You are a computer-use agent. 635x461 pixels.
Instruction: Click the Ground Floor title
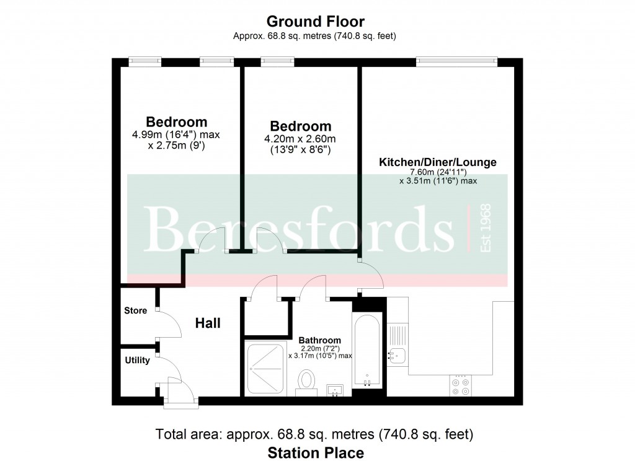315,21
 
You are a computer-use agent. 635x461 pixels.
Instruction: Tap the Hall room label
208,323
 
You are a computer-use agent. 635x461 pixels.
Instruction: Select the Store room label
135,310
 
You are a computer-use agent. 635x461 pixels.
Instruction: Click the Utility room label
137,360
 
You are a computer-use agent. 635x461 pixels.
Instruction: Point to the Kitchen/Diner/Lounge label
438,162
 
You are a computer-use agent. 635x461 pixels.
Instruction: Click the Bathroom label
319,340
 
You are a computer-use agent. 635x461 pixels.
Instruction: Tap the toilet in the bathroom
306,382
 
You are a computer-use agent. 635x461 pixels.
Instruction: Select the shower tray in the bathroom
265,368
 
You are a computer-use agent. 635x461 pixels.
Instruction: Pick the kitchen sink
397,356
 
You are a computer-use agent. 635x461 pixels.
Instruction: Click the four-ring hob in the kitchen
461,386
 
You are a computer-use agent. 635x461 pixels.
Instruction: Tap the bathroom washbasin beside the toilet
335,390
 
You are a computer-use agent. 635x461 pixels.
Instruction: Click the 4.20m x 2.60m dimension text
300,139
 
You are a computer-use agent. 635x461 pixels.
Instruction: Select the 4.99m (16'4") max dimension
175,135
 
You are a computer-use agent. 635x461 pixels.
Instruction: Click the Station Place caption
316,452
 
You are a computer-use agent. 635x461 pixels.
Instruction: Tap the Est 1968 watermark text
485,228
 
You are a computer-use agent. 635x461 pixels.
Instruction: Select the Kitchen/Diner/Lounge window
457,61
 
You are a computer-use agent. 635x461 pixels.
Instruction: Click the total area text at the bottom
314,434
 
